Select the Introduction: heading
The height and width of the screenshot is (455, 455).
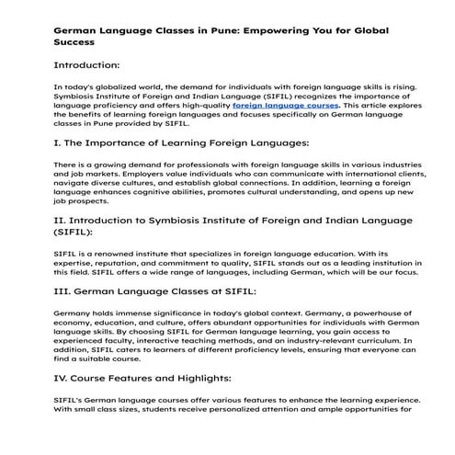[87, 65]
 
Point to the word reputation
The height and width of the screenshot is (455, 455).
[108, 263]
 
